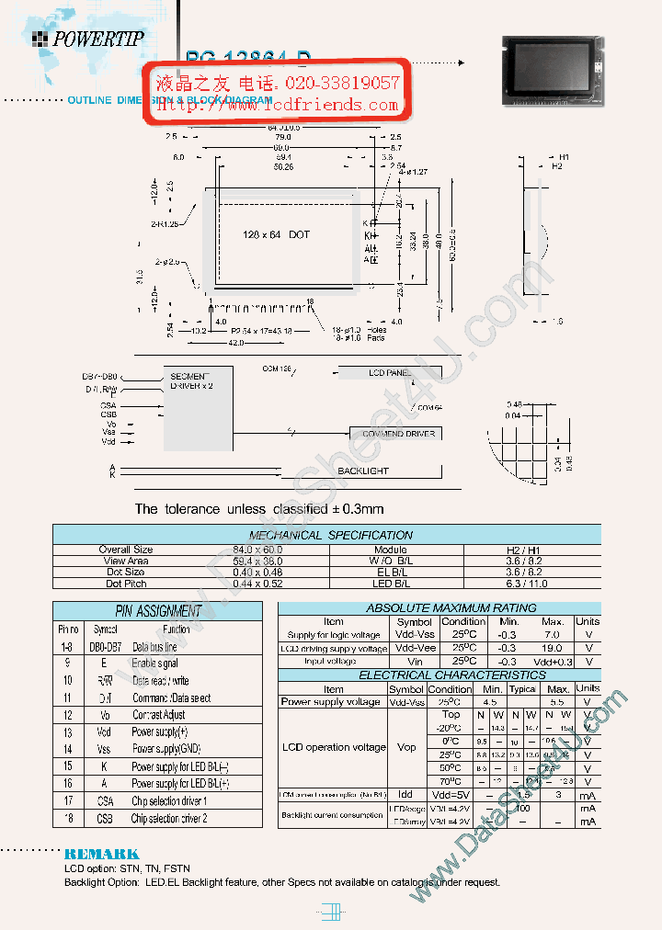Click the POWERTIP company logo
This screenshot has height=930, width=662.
[87, 39]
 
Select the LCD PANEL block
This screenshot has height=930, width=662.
[390, 372]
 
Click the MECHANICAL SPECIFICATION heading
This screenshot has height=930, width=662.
[331, 535]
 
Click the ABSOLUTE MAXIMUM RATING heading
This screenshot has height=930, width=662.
[439, 608]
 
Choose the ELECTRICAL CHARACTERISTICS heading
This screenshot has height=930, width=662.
[439, 675]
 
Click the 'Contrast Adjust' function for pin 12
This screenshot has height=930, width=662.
[158, 715]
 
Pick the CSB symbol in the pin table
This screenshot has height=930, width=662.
[104, 819]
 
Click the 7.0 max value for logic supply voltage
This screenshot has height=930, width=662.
[553, 635]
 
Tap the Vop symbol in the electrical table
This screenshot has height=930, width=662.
[405, 747]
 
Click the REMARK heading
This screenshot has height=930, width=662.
[101, 854]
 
